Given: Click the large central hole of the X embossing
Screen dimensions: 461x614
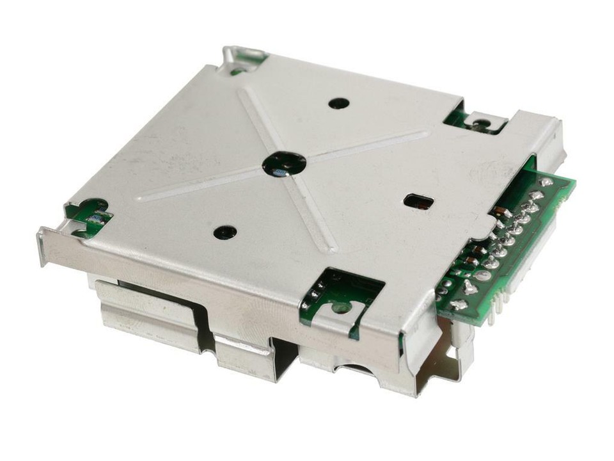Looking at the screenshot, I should click(284, 164).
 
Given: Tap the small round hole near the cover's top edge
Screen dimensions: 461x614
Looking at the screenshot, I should click(338, 102).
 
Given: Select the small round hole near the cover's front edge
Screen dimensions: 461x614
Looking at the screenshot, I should click(224, 232).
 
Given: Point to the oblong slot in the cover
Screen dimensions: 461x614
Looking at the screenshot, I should click(419, 202).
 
